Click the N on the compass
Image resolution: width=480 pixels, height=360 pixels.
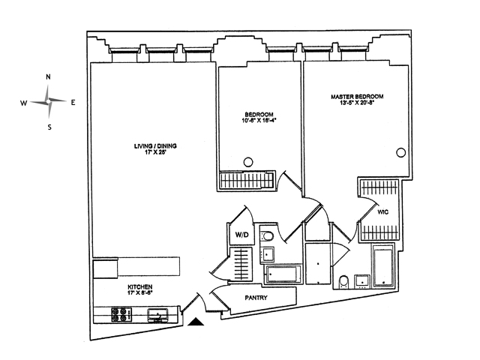coord(49,77)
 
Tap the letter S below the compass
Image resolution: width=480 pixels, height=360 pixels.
coord(49,127)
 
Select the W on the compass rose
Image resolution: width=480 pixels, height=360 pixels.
coord(23,103)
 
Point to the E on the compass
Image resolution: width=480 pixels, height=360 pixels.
coord(73,103)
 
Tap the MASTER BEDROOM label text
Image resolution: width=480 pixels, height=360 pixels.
coord(358,97)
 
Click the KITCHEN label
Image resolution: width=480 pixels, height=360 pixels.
coord(139,288)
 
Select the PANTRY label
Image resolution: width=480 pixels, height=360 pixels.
coord(256,298)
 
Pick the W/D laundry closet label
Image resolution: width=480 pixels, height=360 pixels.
coord(241,235)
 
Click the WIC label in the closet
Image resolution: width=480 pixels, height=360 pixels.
coord(382,212)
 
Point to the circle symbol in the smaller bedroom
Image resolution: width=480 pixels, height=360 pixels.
coord(249,159)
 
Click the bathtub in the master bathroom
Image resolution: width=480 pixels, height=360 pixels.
coord(382,265)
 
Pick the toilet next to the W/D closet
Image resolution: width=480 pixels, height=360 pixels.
coord(267,238)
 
